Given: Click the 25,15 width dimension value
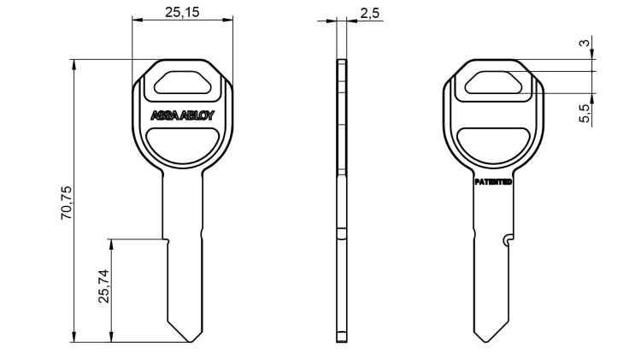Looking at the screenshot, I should [183, 12].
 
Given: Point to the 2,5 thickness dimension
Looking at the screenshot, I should [370, 12].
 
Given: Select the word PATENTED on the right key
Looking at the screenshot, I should [493, 182].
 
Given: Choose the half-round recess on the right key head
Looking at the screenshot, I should [493, 142].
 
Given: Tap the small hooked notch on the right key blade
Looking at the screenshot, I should [509, 239].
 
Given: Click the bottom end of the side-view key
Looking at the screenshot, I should [342, 339].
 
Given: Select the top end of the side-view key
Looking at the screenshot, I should [342, 61].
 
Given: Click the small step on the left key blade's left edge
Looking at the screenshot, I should [168, 240].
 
